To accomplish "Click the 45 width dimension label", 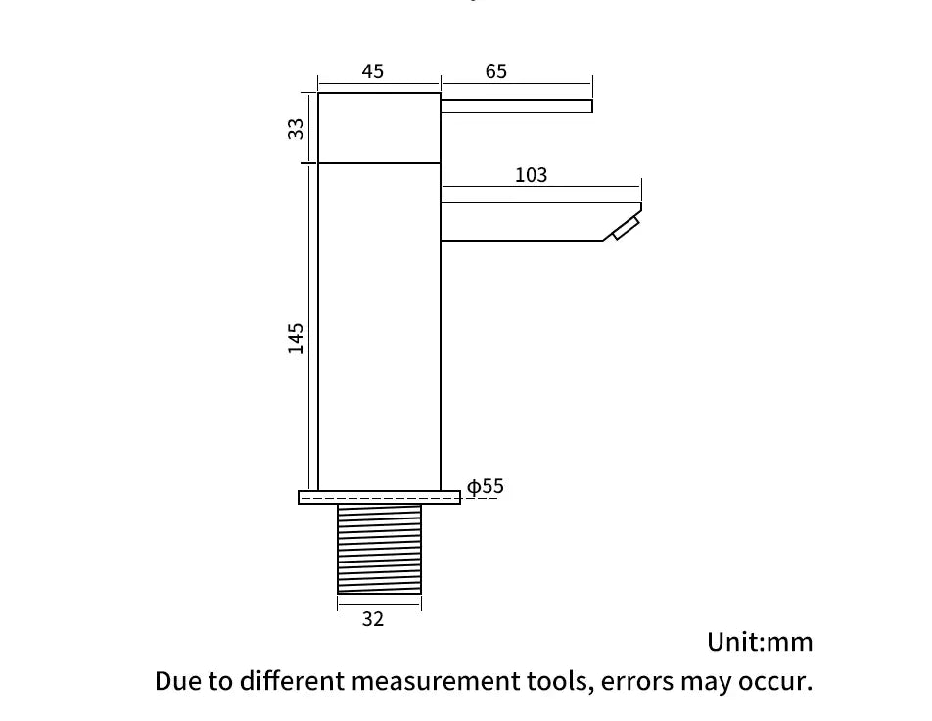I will click(x=373, y=71).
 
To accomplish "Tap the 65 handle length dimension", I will click(x=496, y=71).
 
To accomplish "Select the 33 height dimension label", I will click(x=296, y=128).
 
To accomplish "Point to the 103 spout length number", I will click(x=531, y=175).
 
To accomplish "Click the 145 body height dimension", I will click(x=296, y=338).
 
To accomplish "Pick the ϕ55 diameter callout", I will click(x=486, y=486).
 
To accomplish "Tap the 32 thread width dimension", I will click(x=373, y=619).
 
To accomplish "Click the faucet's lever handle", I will click(x=516, y=106).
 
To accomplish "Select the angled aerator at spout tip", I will click(x=625, y=228).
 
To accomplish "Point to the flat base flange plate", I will click(x=379, y=497).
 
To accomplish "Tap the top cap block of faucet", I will click(x=379, y=128).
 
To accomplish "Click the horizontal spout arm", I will click(x=529, y=221).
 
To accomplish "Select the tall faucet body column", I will click(x=379, y=328).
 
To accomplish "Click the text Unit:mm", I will click(x=760, y=642).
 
